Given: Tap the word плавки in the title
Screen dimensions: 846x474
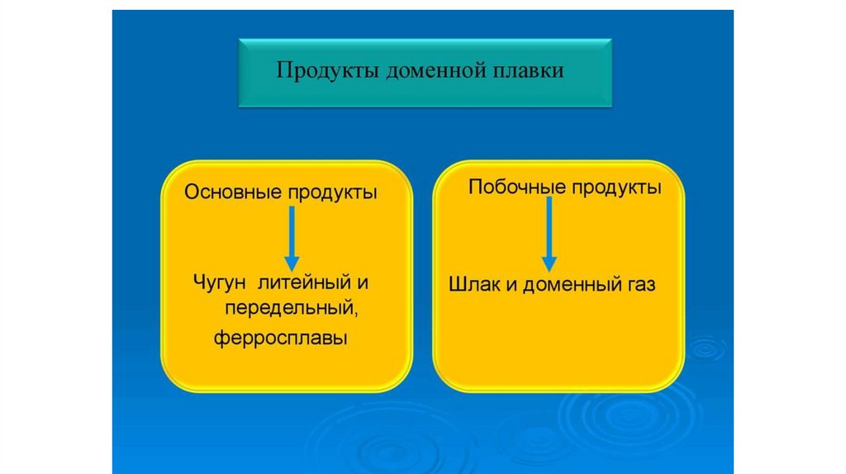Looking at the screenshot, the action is coord(520,71).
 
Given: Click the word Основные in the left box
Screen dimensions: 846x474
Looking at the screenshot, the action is coord(233,192).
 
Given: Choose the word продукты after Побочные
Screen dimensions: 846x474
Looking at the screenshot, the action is coord(616,187).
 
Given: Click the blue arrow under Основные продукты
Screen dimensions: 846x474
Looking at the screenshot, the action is coord(292,239).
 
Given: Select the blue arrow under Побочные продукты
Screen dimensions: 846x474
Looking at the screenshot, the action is coord(549,235).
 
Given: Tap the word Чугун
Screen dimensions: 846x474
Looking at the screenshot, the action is coord(219,282).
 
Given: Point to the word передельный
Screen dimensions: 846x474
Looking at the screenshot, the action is coord(292,309).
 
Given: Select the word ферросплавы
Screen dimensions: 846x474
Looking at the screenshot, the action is coord(281,338).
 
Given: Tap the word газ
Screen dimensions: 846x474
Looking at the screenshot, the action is coord(641,285).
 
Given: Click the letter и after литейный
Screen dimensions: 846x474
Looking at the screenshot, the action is coord(363,283).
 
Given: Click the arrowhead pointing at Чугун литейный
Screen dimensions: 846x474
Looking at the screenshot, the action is coord(292,263).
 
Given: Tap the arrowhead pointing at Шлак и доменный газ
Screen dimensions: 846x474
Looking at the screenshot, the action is coord(549,264).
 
